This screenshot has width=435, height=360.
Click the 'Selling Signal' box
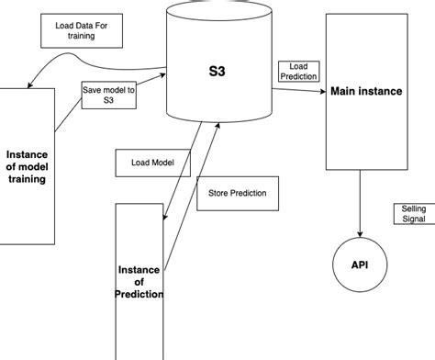point(408,214)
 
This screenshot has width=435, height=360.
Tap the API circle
point(359,264)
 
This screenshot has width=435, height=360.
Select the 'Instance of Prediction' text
point(139,281)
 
